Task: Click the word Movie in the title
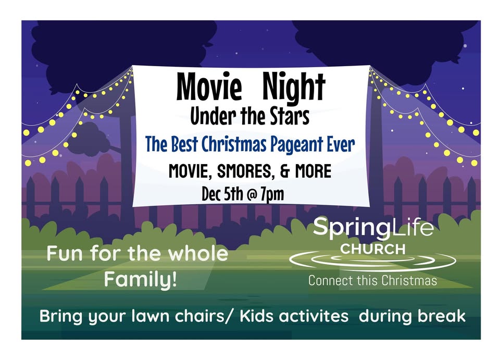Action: [x=209, y=86]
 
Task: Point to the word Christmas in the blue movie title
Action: [x=234, y=144]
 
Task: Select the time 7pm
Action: [x=272, y=194]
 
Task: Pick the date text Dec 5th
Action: [x=222, y=194]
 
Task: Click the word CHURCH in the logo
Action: [x=373, y=250]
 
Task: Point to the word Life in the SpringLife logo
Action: [x=412, y=227]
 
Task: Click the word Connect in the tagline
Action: [x=331, y=281]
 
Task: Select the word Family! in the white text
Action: [x=140, y=280]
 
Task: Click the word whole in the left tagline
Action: [x=198, y=253]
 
